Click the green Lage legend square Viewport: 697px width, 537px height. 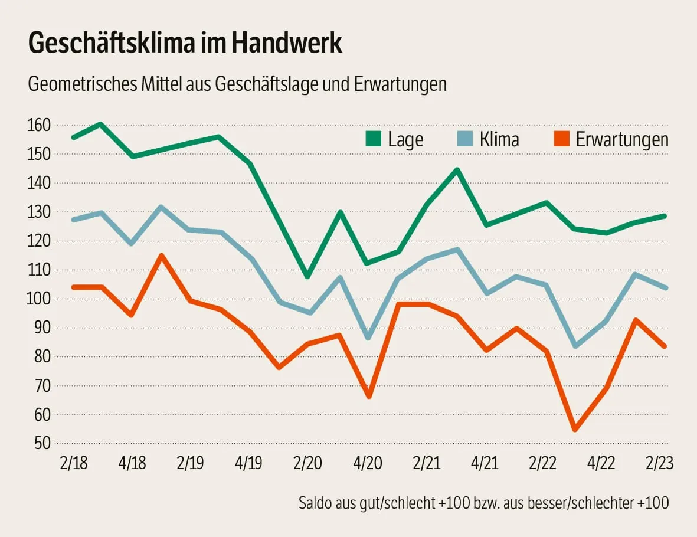[x=374, y=139]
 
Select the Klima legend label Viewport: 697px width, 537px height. [x=499, y=139]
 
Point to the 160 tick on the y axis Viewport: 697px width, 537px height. [x=39, y=125]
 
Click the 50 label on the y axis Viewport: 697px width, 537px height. [x=42, y=444]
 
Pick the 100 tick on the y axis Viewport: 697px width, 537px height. [x=39, y=299]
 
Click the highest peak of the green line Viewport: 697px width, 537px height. [x=101, y=124]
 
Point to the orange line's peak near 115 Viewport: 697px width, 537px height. [x=161, y=256]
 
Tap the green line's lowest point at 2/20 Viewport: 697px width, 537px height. [x=307, y=277]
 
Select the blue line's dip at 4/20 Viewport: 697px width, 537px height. [x=369, y=338]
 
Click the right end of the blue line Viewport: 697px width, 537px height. [x=666, y=288]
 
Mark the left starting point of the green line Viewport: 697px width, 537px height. [x=73, y=137]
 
